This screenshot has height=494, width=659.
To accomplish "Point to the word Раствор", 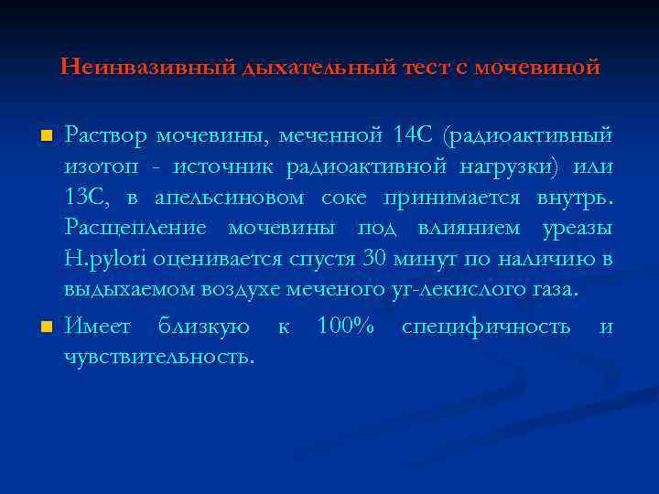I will [x=105, y=137].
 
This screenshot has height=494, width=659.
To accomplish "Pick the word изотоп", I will [x=98, y=168].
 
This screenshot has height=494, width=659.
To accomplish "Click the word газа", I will [x=555, y=291].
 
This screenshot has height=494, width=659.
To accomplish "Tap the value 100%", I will [x=346, y=328].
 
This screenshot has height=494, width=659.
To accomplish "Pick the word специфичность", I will [x=485, y=328].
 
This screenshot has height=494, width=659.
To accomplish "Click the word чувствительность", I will [x=159, y=357].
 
